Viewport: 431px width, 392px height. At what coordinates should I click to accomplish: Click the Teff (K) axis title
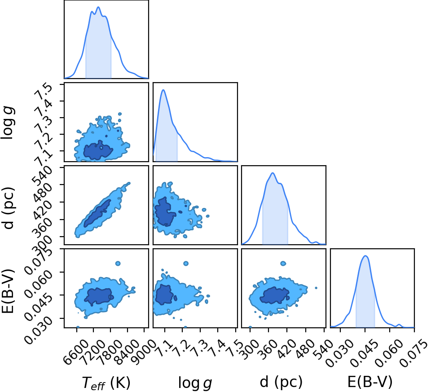point(106,383)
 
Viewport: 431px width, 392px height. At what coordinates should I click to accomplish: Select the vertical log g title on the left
point(8,123)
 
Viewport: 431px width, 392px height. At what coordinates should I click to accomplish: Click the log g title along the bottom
point(195,383)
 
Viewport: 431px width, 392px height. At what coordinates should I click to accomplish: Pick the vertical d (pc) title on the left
point(8,208)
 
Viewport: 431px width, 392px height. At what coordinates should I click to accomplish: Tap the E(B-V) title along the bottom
point(369,382)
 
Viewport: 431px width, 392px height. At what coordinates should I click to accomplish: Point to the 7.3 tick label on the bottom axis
point(200,348)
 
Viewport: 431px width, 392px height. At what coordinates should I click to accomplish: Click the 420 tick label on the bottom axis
point(286,349)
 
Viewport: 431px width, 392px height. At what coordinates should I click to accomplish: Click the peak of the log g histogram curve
point(163,90)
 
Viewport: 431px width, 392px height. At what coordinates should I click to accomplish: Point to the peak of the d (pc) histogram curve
point(273,172)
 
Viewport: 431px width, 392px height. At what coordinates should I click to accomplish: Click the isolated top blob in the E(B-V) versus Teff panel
point(118,263)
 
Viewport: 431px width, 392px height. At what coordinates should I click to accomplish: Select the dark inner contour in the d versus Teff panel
point(97,213)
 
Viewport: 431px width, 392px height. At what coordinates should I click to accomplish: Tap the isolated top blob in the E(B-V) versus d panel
point(283,263)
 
